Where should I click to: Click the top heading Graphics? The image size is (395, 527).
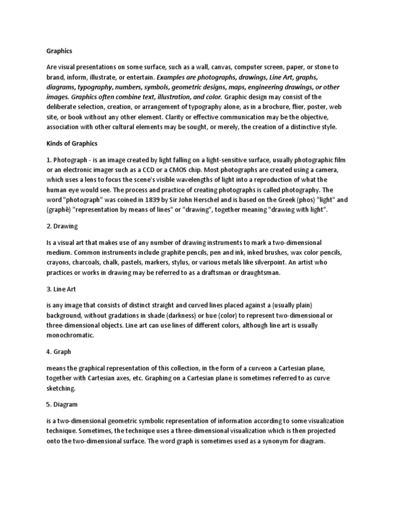point(59,51)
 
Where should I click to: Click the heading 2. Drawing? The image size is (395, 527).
point(62,226)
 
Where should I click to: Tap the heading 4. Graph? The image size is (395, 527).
point(59,353)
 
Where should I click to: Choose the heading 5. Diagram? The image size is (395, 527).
point(62,405)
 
